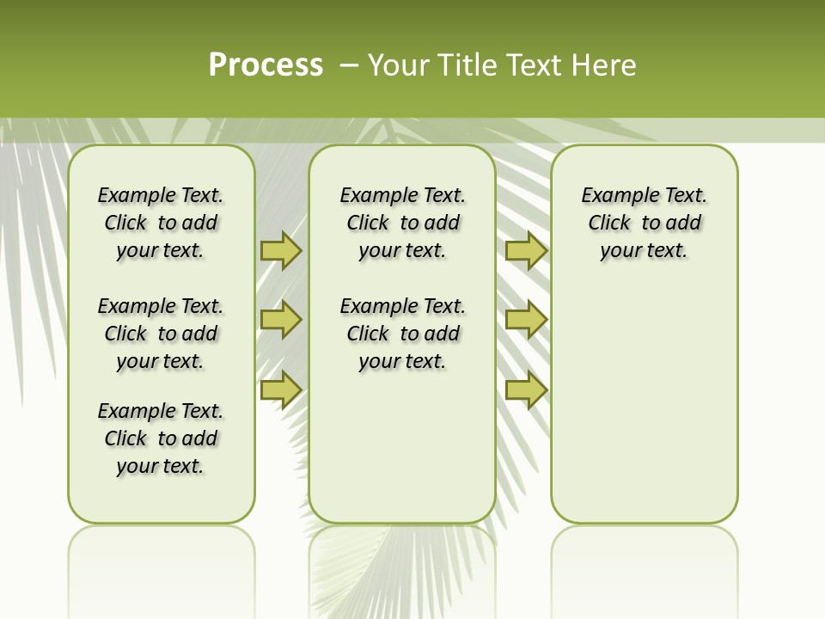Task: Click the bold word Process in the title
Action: point(266,65)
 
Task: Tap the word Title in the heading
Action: point(467,65)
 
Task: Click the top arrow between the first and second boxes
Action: point(281,250)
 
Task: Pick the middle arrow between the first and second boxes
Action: point(281,320)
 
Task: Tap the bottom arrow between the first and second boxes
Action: point(281,389)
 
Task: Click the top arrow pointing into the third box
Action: point(526,250)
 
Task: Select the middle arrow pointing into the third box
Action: point(526,320)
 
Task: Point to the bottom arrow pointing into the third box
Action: point(526,389)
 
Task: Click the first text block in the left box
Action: point(161,223)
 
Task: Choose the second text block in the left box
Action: point(161,334)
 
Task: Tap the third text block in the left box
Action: point(161,438)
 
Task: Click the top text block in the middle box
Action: point(402,223)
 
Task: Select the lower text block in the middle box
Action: point(402,334)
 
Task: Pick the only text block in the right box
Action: point(645,223)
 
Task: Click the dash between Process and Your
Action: point(349,65)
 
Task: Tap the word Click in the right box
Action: point(609,224)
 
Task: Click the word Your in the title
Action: point(399,65)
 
